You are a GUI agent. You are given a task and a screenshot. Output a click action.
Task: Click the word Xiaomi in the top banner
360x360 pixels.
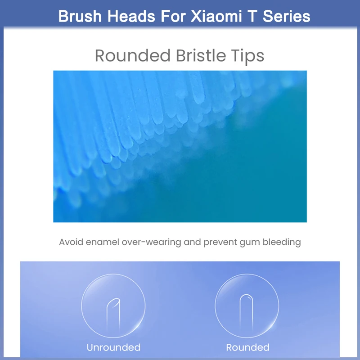(x=216, y=16)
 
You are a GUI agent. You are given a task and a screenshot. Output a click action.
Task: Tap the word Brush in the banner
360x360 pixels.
(x=80, y=16)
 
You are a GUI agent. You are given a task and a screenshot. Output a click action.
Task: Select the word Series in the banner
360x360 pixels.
(x=286, y=16)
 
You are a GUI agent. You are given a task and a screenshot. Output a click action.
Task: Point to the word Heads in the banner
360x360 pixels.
(x=131, y=16)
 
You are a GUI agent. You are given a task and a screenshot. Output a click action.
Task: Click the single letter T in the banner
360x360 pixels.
(x=252, y=16)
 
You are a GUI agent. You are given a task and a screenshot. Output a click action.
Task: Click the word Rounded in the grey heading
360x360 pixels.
(x=133, y=55)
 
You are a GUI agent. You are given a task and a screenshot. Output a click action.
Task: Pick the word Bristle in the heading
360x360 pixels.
(x=201, y=55)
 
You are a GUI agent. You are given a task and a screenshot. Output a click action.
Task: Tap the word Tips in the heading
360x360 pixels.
(x=248, y=57)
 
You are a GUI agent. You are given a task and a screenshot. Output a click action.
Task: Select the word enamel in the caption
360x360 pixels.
(x=103, y=242)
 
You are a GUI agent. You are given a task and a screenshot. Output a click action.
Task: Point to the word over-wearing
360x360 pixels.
(x=152, y=243)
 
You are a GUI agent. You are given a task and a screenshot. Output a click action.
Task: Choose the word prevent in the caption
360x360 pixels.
(x=220, y=243)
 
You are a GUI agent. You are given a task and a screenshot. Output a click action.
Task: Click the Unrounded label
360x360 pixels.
(x=114, y=347)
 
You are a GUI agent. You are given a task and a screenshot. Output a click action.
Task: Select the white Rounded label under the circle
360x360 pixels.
(x=248, y=347)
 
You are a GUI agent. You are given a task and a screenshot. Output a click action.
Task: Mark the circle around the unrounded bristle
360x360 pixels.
(x=81, y=306)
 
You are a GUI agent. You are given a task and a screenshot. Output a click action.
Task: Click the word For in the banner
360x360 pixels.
(x=173, y=16)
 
